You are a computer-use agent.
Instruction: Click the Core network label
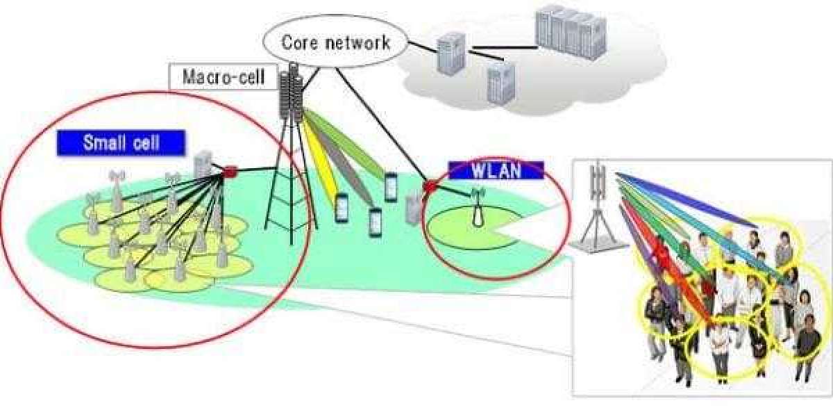(336, 42)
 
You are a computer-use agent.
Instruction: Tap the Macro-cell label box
(224, 76)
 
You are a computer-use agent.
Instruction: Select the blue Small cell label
(121, 143)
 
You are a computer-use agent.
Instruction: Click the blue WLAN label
(496, 170)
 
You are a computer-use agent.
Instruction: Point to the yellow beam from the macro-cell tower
(323, 167)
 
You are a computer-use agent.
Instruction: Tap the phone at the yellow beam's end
(341, 208)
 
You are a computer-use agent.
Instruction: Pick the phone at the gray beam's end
(376, 221)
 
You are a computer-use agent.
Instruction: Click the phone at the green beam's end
(391, 186)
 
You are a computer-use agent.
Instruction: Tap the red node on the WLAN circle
(430, 186)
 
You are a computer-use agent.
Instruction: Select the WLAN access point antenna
(477, 208)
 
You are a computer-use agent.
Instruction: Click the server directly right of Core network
(448, 54)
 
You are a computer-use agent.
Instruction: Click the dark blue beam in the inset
(687, 202)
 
